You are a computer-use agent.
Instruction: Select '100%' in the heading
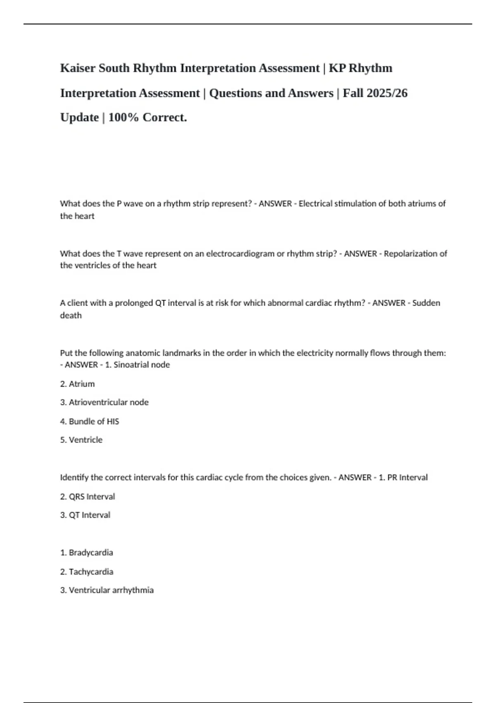(123, 117)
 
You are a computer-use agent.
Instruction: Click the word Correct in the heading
(165, 117)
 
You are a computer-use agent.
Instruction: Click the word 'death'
(71, 316)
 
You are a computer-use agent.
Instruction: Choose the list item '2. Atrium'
(77, 384)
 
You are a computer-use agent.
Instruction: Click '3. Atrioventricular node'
(104, 402)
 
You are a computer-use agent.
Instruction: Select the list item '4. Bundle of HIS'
(89, 421)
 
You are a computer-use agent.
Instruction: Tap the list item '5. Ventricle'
(81, 440)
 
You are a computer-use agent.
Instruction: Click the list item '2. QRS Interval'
(87, 497)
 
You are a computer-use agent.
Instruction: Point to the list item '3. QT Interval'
(85, 515)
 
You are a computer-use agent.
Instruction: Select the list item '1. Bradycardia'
(86, 553)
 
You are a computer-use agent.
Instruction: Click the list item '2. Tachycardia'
(86, 572)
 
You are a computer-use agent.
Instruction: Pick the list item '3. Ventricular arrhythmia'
(107, 591)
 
